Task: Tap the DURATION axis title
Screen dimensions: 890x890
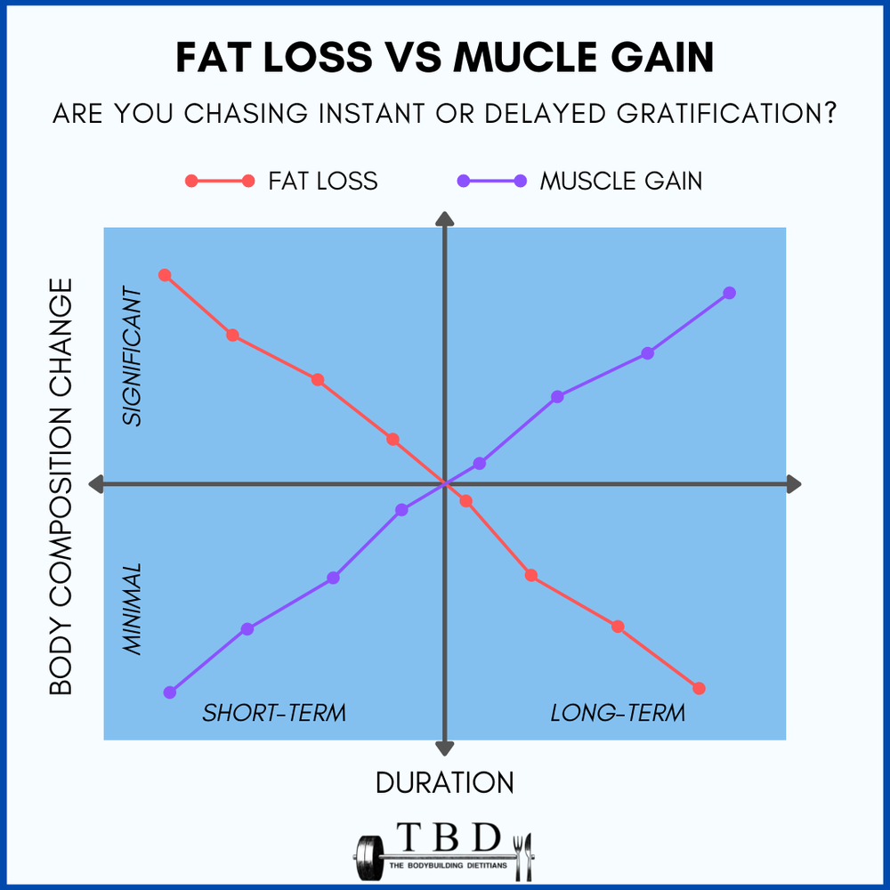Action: [x=444, y=782]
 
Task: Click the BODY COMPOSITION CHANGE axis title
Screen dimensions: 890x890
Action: [x=61, y=486]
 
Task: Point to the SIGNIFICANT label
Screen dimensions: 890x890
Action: [x=132, y=356]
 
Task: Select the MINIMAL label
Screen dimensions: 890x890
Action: [x=132, y=610]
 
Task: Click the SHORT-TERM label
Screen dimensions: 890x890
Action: [x=273, y=713]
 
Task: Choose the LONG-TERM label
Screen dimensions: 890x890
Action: [x=618, y=713]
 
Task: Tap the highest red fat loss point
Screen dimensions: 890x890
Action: [x=164, y=275]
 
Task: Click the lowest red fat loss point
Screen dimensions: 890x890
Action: [x=699, y=688]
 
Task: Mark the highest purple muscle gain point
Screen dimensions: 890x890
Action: [x=729, y=293]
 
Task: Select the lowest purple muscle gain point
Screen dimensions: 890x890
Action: [x=170, y=692]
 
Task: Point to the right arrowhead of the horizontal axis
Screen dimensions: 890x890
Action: [x=794, y=483]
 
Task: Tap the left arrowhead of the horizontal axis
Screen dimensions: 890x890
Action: [x=97, y=483]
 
